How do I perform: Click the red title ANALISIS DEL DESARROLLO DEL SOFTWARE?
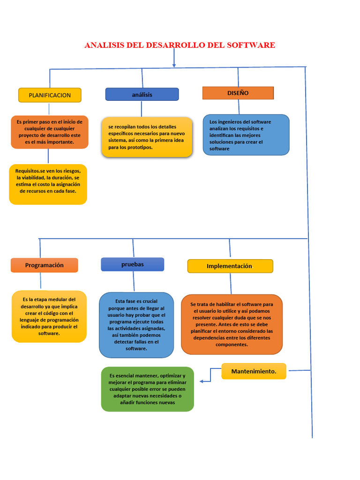pos(180,45)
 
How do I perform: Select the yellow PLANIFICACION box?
pos(50,95)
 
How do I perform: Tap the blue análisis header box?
pos(142,94)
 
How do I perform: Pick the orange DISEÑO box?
pos(238,93)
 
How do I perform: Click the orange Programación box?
pos(45,265)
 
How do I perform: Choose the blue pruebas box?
pos(133,264)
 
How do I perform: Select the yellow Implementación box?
pos(230,266)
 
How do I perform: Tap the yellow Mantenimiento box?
pos(254,371)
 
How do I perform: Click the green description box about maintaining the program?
pos(147,389)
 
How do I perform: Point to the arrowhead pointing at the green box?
pos(202,381)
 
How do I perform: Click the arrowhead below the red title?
pos(174,65)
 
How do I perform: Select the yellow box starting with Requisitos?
pos(48,184)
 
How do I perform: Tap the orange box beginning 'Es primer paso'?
pos(49,132)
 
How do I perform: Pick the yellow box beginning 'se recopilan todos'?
pos(147,137)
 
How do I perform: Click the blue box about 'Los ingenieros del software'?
pos(246,135)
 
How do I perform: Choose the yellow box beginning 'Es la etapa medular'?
pos(49,316)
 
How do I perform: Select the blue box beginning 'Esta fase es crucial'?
pos(136,325)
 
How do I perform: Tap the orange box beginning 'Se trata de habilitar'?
pos(232,324)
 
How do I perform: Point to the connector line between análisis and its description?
pos(142,109)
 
